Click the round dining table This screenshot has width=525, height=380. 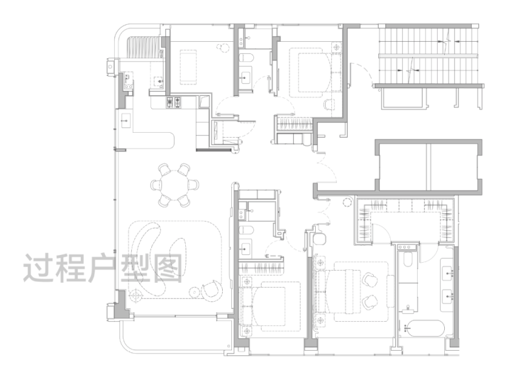pos(175,185)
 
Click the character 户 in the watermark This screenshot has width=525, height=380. pos(103,268)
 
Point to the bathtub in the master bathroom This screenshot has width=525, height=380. pos(424,328)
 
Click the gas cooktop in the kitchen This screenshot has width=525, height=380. pos(174,102)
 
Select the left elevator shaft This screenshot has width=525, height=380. pos(402,166)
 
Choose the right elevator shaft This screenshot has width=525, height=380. pos(453,166)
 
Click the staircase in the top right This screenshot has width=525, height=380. pos(428,55)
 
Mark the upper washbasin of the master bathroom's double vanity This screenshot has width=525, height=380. pos(448,273)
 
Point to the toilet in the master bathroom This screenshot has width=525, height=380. pos(407,259)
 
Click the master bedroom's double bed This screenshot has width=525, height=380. pos(340,291)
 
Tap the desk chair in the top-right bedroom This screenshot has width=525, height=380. pos(328,104)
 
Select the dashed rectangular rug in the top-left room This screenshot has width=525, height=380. pos(188,67)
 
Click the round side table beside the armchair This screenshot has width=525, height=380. pos(194,292)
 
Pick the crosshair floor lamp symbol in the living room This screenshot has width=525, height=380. pos(136,295)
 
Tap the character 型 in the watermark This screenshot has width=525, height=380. pos(135,268)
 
